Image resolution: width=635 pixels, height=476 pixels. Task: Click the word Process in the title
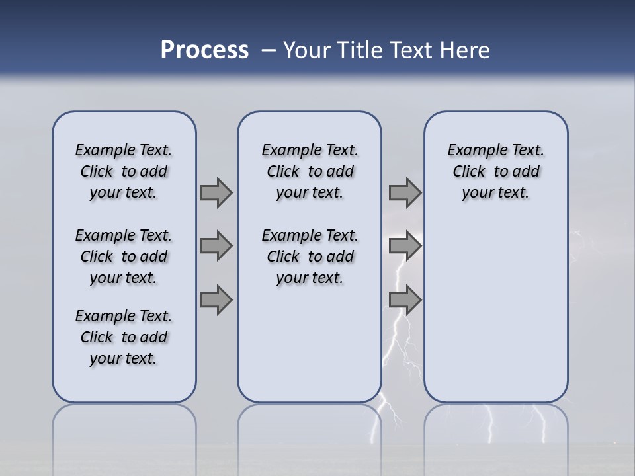coord(204,50)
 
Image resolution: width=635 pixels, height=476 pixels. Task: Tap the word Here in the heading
coord(462,50)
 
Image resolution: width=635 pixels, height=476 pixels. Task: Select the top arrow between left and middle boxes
coord(216,192)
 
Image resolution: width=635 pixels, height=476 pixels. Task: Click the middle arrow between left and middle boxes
coord(216,246)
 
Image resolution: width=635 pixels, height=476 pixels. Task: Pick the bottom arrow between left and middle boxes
coord(216,299)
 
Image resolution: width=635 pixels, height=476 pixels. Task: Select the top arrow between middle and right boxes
coord(405,192)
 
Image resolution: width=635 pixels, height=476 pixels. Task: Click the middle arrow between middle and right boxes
coord(405,246)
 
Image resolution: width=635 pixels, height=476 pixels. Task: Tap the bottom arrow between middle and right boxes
coord(405,299)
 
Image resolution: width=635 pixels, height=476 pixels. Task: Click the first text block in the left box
coord(124,171)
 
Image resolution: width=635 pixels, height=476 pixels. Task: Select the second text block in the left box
coord(124,257)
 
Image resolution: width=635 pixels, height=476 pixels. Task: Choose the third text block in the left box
coord(124,337)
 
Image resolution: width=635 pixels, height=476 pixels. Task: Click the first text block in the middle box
coord(310,171)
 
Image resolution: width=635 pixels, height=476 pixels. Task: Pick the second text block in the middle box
coord(310,257)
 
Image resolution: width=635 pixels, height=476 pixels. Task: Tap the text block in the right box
coord(495,171)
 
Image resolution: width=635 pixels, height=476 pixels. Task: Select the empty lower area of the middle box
coord(310,344)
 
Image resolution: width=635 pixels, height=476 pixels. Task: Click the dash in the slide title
coord(269,50)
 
